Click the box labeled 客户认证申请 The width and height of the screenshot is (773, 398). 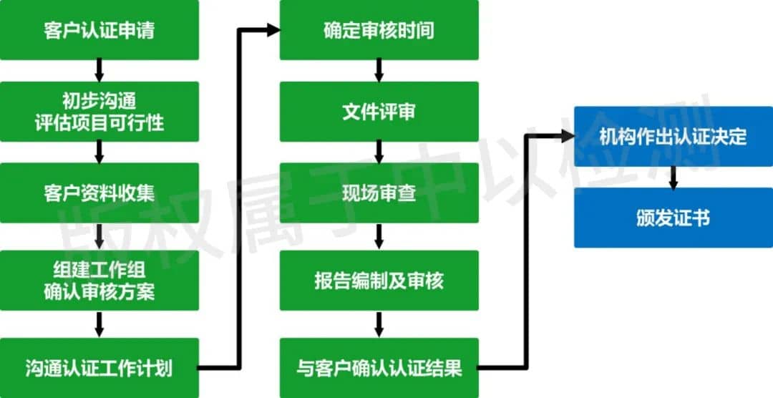pyautogui.click(x=99, y=29)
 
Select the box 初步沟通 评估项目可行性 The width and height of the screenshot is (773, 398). pyautogui.click(x=99, y=112)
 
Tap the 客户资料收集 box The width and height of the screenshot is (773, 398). pyautogui.click(x=99, y=193)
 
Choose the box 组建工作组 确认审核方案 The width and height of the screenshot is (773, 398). pyautogui.click(x=99, y=281)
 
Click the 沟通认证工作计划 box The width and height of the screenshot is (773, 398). pyautogui.click(x=99, y=368)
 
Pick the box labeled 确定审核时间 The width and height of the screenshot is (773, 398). pyautogui.click(x=379, y=29)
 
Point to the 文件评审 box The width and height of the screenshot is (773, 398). pyautogui.click(x=379, y=112)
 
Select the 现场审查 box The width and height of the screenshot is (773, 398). pyautogui.click(x=379, y=193)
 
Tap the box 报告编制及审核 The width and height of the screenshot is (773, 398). pyautogui.click(x=379, y=281)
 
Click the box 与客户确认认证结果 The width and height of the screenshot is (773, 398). pyautogui.click(x=379, y=368)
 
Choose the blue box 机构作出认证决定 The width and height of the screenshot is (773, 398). pyautogui.click(x=674, y=137)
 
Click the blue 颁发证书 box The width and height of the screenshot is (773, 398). pyautogui.click(x=674, y=218)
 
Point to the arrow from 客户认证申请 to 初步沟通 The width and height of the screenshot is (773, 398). pyautogui.click(x=99, y=70)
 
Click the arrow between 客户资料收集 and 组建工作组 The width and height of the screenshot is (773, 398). pyautogui.click(x=99, y=237)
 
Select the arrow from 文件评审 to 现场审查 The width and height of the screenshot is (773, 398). pyautogui.click(x=379, y=152)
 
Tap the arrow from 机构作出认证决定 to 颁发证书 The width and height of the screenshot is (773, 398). pyautogui.click(x=674, y=178)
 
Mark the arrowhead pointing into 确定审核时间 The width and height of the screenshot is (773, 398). pyautogui.click(x=273, y=30)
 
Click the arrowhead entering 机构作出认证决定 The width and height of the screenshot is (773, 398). pyautogui.click(x=568, y=136)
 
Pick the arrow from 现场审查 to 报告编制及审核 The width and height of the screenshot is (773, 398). pyautogui.click(x=379, y=237)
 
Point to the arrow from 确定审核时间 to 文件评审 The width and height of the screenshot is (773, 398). pyautogui.click(x=379, y=70)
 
